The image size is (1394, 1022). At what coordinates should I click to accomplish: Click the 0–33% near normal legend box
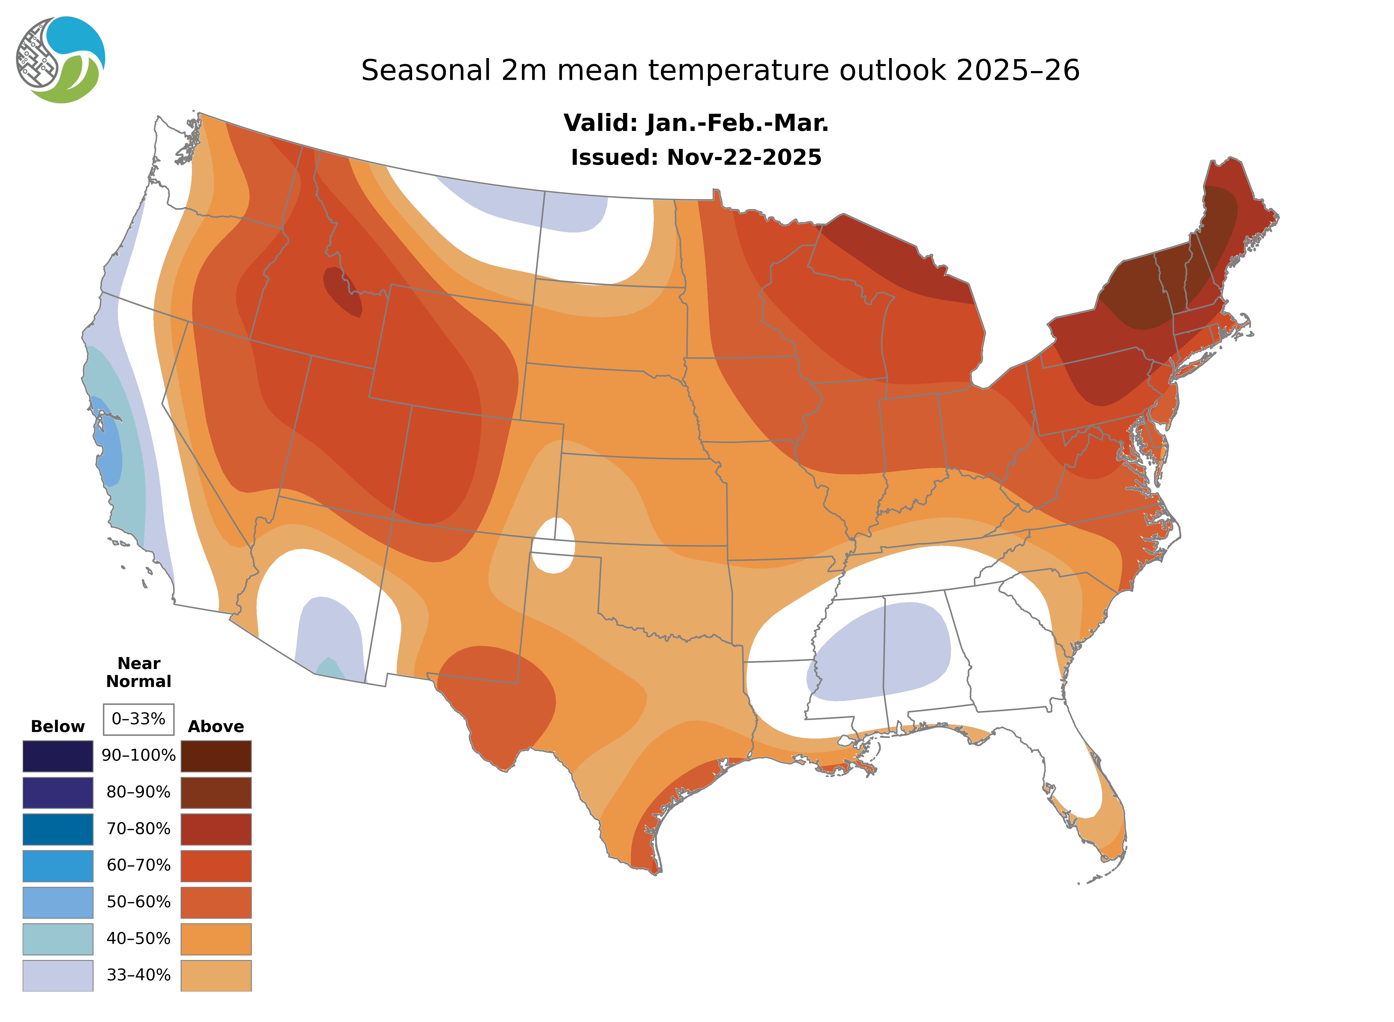pyautogui.click(x=139, y=719)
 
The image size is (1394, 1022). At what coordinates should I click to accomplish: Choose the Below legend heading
pyautogui.click(x=58, y=726)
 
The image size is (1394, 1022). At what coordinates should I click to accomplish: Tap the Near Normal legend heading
pyautogui.click(x=139, y=672)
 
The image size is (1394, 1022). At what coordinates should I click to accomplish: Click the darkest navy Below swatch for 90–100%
pyautogui.click(x=58, y=756)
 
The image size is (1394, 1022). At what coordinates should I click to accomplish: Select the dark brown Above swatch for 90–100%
pyautogui.click(x=216, y=756)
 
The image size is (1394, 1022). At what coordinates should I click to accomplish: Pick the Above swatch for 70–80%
pyautogui.click(x=216, y=829)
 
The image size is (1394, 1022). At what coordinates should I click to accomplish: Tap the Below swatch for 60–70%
pyautogui.click(x=58, y=866)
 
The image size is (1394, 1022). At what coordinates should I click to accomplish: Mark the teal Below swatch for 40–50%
pyautogui.click(x=58, y=938)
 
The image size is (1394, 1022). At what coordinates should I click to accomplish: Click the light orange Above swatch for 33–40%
pyautogui.click(x=216, y=975)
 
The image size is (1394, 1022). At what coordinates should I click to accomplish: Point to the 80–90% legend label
pyautogui.click(x=139, y=792)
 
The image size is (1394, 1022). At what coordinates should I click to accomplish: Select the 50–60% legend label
pyautogui.click(x=139, y=902)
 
